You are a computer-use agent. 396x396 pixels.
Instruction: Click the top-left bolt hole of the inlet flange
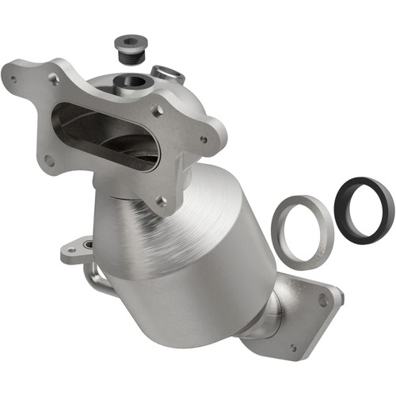tap(54, 78)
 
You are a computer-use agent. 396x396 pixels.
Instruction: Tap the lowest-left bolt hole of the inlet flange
tap(49, 159)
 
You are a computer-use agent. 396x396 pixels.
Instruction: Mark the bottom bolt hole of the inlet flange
tap(162, 201)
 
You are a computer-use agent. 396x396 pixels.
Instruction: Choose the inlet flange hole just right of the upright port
tap(157, 110)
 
